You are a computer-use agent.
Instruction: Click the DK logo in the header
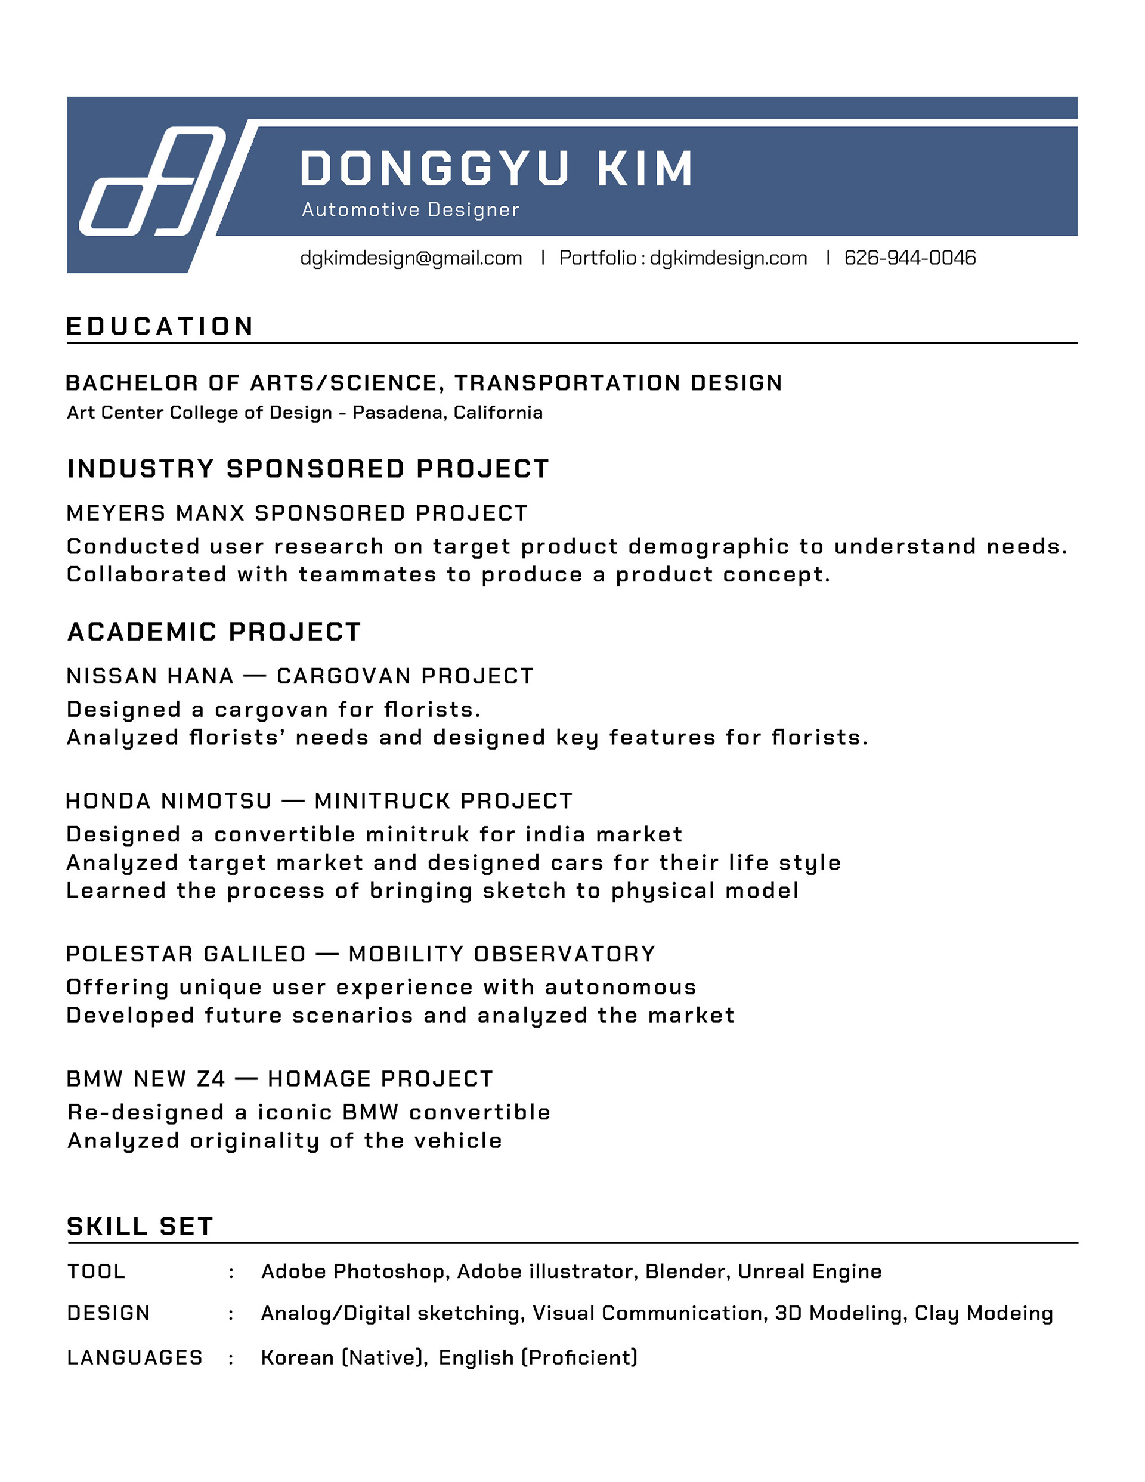point(153,181)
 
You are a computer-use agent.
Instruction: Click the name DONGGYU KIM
point(496,168)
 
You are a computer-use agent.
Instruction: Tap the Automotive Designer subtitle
point(410,210)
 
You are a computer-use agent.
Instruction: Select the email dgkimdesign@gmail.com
point(411,258)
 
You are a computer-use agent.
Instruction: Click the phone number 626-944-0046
point(909,258)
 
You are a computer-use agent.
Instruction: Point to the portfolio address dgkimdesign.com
point(728,258)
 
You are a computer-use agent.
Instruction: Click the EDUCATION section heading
point(160,326)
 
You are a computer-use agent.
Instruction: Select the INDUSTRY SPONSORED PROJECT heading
point(308,469)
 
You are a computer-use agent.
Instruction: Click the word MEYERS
point(115,513)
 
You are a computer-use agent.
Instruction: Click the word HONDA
point(108,801)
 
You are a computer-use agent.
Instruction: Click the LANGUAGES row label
point(135,1357)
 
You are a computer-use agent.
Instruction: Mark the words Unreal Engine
point(810,1271)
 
